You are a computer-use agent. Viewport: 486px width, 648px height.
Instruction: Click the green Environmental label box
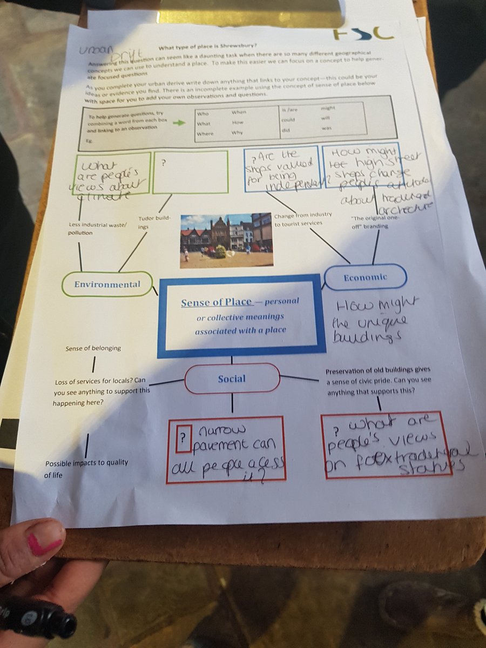[x=107, y=284]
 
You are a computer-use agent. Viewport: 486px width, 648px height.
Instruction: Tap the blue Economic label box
[x=366, y=277]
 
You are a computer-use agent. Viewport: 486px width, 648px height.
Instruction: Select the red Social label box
[x=232, y=379]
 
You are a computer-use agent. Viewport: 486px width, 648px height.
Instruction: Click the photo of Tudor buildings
[x=226, y=240]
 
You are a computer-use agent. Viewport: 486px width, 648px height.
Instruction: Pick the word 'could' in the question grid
[x=288, y=120]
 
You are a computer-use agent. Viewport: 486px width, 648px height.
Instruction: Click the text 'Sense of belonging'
[x=93, y=348]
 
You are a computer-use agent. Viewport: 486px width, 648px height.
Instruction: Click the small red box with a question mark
[x=184, y=437]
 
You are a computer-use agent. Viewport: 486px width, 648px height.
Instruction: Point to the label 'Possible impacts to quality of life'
[x=86, y=469]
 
